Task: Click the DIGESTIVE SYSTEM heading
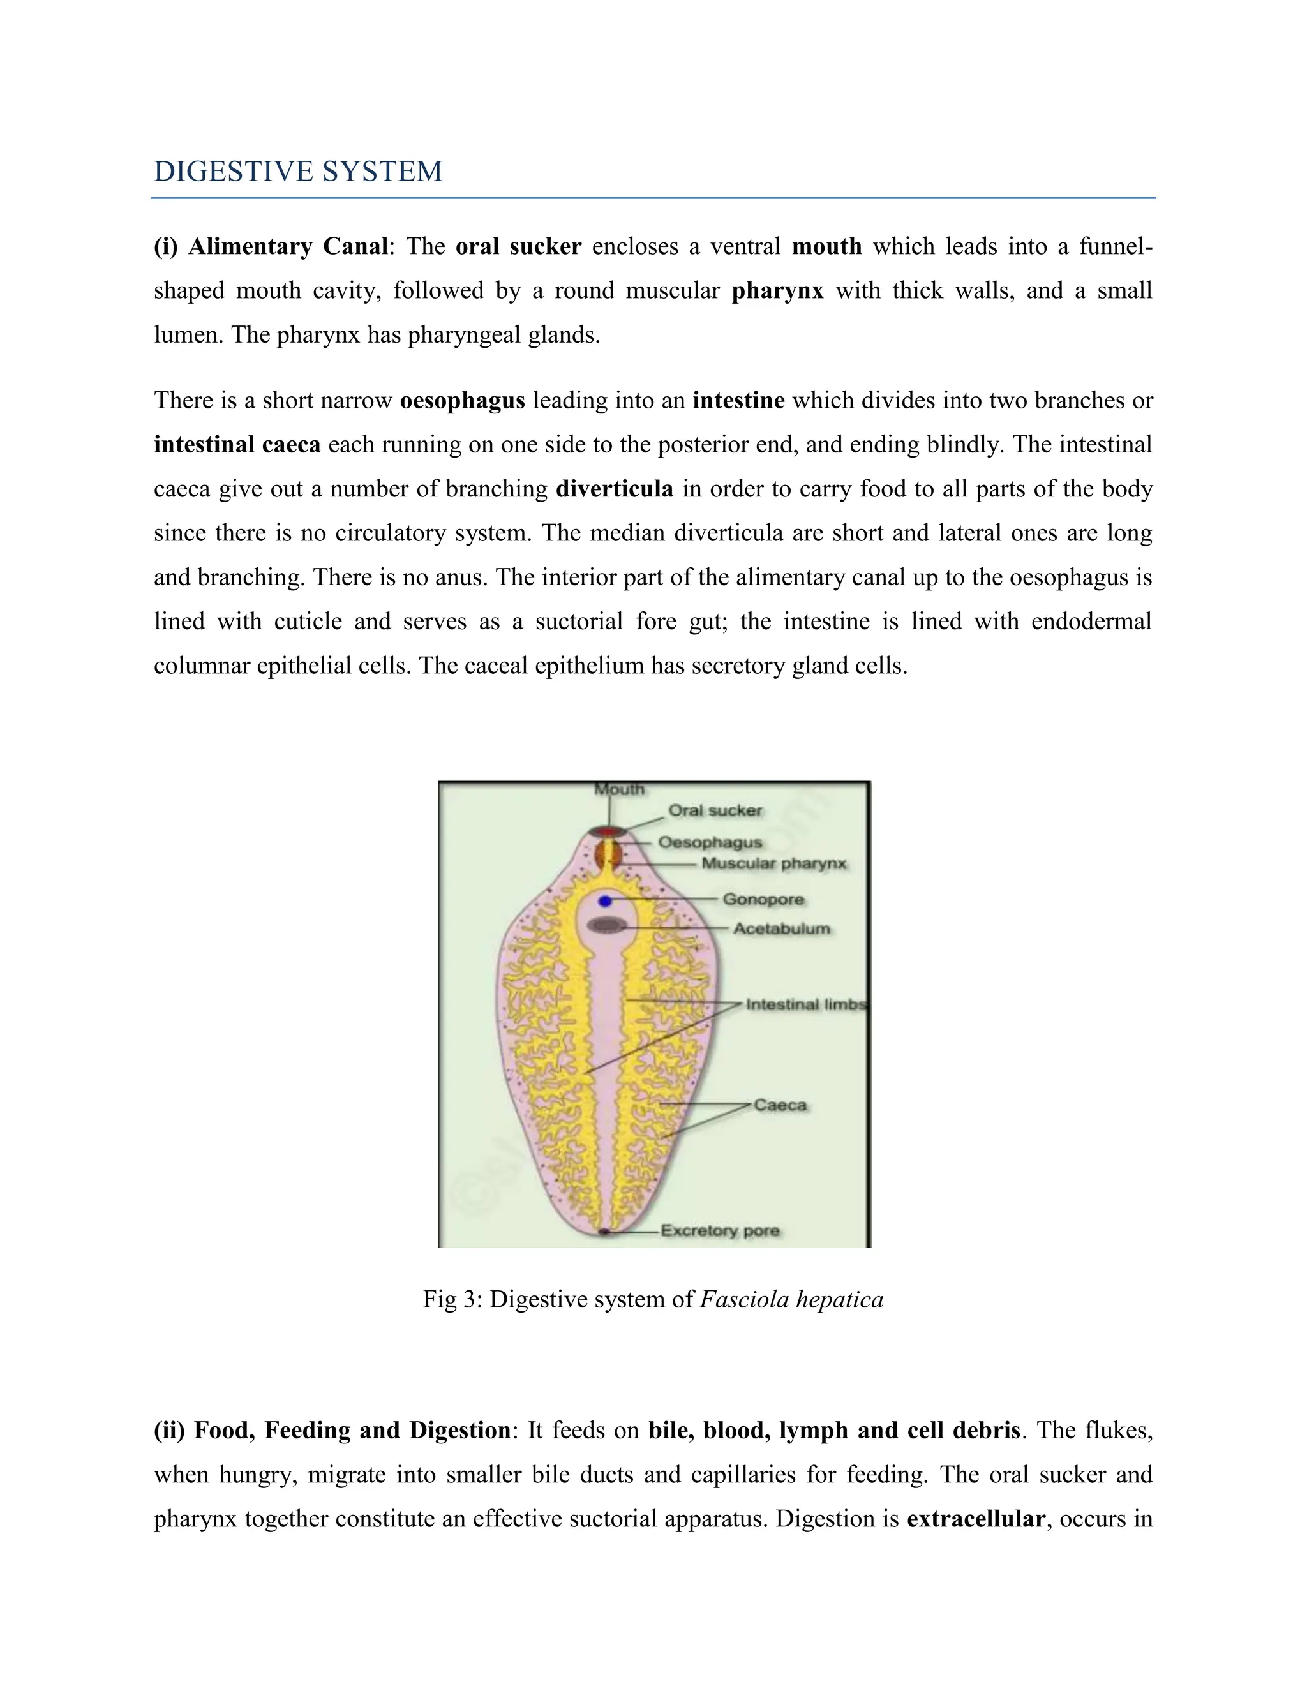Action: pos(298,171)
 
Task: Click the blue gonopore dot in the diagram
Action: pos(606,901)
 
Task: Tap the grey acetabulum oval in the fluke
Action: pos(606,925)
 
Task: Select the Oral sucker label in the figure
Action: pos(715,810)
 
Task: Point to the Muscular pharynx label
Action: pos(773,863)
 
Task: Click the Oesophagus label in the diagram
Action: pos(710,842)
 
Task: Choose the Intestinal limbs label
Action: pos(805,1004)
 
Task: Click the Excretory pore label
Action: pos(720,1231)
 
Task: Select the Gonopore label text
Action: pos(763,900)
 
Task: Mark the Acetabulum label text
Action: pos(781,928)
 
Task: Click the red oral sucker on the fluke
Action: pos(608,831)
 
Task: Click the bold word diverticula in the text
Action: pos(615,489)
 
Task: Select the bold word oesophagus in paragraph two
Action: pos(462,401)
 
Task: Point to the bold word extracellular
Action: pos(976,1519)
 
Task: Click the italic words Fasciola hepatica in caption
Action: pos(791,1299)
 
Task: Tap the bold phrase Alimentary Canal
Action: pos(287,247)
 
